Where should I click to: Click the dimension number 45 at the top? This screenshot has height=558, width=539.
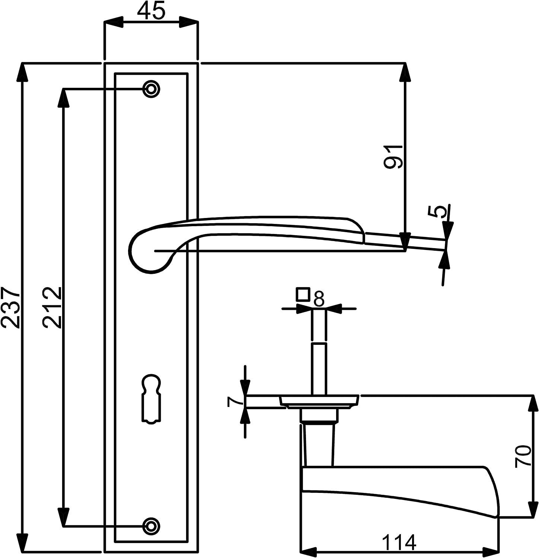pyautogui.click(x=151, y=12)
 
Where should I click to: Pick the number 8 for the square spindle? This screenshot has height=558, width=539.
pyautogui.click(x=319, y=298)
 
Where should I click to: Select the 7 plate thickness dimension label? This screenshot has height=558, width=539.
pyautogui.click(x=233, y=402)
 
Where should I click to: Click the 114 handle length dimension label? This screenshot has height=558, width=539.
pyautogui.click(x=399, y=542)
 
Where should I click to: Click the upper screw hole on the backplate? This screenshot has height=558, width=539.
pyautogui.click(x=151, y=89)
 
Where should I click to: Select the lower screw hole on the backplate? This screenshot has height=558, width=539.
pyautogui.click(x=151, y=526)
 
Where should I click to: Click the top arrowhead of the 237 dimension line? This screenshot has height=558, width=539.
pyautogui.click(x=23, y=73)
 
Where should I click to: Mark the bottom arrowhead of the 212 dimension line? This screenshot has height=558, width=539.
pyautogui.click(x=64, y=517)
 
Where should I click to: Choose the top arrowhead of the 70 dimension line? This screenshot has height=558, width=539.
pyautogui.click(x=533, y=403)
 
